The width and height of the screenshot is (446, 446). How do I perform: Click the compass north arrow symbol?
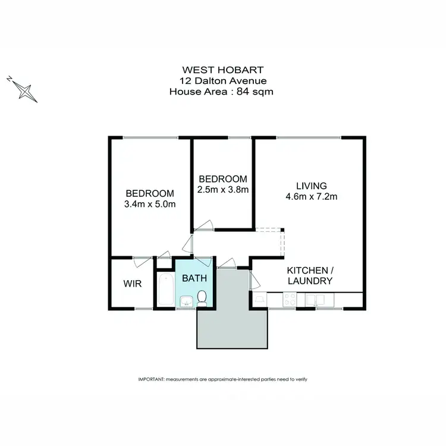(24, 90)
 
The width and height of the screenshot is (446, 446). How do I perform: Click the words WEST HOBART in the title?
(222, 70)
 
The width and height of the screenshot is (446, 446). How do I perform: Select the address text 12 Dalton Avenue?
(222, 80)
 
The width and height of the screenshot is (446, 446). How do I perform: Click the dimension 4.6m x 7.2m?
(312, 197)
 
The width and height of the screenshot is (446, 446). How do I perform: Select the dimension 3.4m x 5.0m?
(149, 204)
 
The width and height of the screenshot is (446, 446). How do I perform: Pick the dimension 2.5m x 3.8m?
(222, 190)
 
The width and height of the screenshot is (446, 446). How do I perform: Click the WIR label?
(132, 284)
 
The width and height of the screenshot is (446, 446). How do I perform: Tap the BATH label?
(193, 278)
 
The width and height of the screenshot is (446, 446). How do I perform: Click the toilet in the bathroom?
(202, 297)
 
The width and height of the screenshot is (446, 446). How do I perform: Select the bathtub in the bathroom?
(166, 290)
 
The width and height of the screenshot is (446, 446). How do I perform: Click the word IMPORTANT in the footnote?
(150, 379)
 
